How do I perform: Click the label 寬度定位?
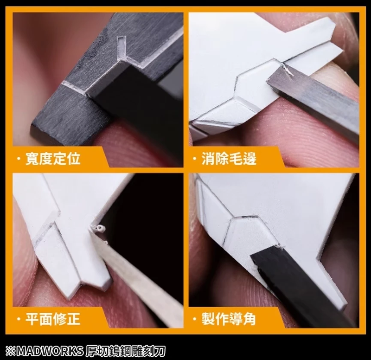pyautogui.click(x=52, y=158)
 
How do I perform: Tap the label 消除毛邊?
pyautogui.click(x=229, y=158)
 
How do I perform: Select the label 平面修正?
pyautogui.click(x=52, y=319)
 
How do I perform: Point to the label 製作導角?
pyautogui.click(x=229, y=319)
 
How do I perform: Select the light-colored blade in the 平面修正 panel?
pyautogui.click(x=139, y=278)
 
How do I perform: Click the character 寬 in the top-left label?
pyautogui.click(x=32, y=158)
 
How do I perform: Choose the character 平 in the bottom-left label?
pyautogui.click(x=32, y=319)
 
